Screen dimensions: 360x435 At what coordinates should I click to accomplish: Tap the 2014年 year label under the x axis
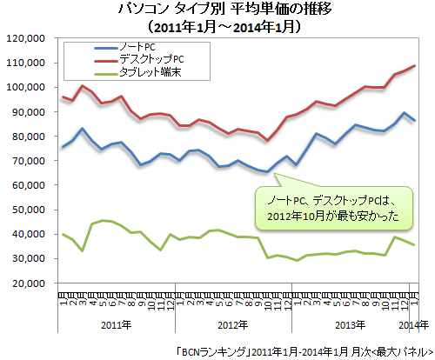[x=412, y=324]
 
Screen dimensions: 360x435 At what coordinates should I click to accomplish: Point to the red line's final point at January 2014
[x=415, y=66]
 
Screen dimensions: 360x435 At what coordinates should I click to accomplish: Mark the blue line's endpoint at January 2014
[x=415, y=121]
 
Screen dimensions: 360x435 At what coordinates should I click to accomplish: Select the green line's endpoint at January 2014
[x=415, y=245]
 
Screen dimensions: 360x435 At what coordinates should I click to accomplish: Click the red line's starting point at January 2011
[x=62, y=97]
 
